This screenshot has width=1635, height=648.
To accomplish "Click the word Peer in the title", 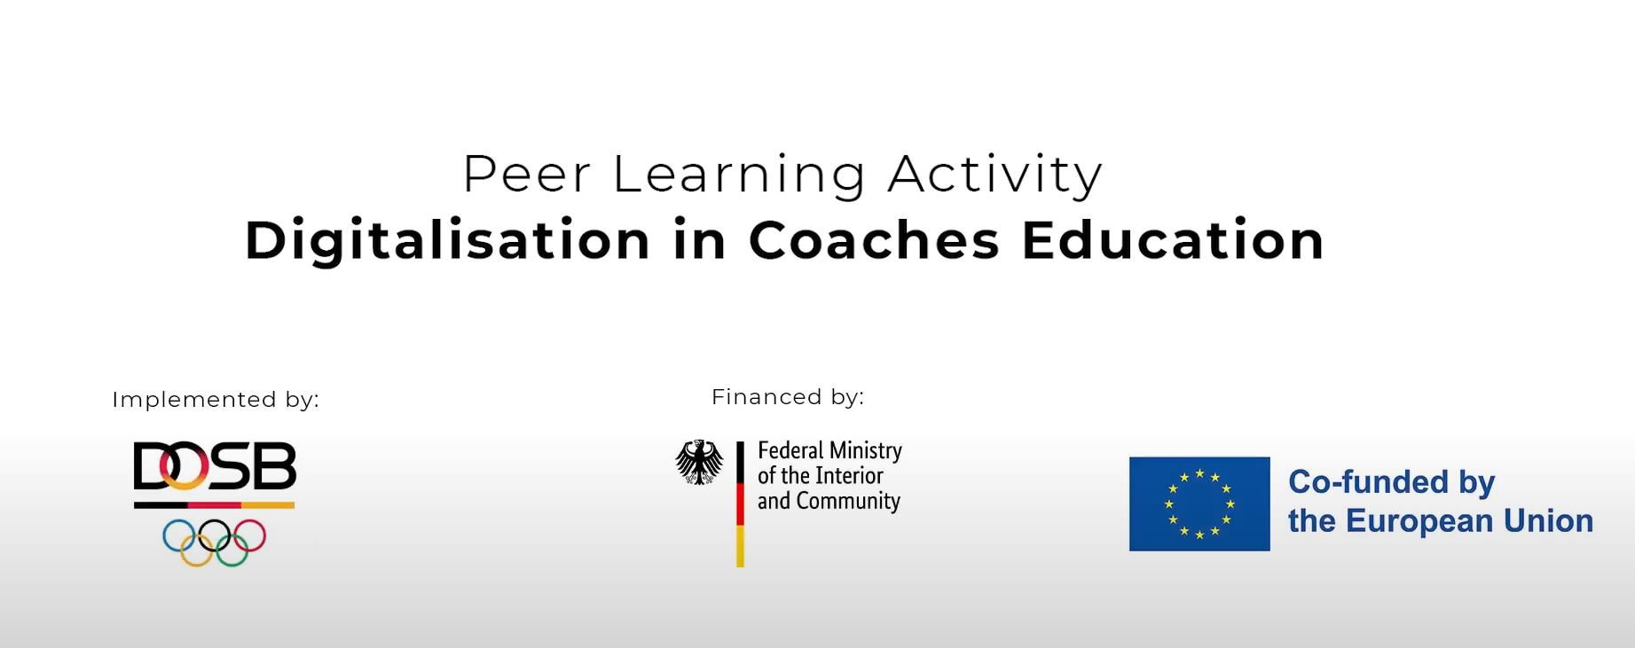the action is [526, 174].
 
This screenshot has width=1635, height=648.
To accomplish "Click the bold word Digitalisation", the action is [448, 241].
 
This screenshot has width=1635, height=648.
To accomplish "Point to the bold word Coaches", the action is [875, 240].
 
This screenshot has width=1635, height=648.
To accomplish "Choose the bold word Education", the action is [1174, 240].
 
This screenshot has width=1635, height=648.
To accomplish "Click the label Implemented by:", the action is [216, 400].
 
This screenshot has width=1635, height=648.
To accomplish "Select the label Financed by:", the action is [788, 397].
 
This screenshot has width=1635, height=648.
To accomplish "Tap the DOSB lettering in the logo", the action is [215, 466].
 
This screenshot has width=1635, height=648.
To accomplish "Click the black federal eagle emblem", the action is [700, 462].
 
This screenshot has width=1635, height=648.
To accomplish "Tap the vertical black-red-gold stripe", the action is [740, 504].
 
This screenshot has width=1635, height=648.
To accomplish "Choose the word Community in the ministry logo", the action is [848, 502].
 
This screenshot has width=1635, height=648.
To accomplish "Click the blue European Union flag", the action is [1199, 504].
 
